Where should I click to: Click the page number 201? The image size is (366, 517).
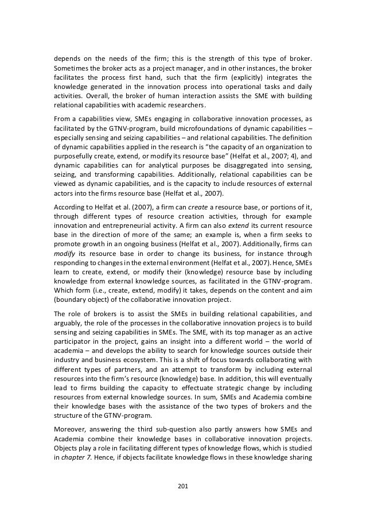tap(183, 485)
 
